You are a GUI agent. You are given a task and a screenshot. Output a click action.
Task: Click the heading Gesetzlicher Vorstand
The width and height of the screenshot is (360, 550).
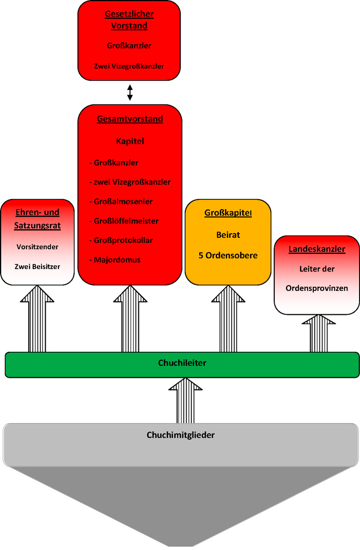pos(130,20)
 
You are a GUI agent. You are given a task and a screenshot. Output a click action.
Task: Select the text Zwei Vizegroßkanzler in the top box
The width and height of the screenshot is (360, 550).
pos(130,66)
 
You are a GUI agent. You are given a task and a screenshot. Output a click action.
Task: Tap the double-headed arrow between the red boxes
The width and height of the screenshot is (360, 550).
pos(130,93)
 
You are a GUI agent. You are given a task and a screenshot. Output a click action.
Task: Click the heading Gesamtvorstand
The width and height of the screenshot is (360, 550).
pos(130,119)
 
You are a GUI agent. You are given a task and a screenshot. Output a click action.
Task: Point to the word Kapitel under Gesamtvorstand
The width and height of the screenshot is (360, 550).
pos(130,141)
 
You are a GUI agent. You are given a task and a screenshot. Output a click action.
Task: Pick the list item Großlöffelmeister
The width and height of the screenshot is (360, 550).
pos(126,221)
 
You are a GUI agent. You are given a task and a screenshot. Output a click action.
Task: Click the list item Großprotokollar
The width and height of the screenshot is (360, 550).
pos(123,240)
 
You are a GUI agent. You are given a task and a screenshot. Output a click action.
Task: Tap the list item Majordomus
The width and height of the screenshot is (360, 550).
pos(117,260)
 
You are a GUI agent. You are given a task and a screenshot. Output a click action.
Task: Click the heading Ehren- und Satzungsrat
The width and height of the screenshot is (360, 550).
pos(37,219)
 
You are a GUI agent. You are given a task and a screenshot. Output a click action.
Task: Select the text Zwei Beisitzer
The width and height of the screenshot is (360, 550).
pos(37,266)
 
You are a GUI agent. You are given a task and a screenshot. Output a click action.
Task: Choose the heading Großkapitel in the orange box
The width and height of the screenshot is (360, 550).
pos(228,213)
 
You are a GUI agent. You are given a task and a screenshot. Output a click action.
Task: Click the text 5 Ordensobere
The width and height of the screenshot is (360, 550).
pos(228,255)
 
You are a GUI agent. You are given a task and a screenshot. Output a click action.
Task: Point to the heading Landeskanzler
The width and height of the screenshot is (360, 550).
pos(317,249)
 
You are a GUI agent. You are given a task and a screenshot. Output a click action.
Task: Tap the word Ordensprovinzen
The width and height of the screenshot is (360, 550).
pos(317,288)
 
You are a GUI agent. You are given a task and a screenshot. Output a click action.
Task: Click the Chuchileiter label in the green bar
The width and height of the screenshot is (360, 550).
pos(182,363)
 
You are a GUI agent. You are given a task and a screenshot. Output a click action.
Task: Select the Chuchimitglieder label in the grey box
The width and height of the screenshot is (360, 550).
pos(181,435)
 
